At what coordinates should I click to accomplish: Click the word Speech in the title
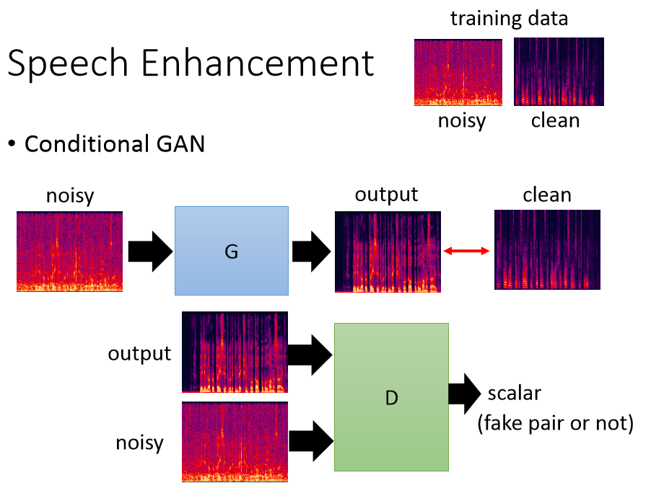pyautogui.click(x=68, y=64)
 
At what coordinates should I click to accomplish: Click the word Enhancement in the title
pyautogui.click(x=258, y=63)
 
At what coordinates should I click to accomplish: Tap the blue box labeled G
pyautogui.click(x=232, y=251)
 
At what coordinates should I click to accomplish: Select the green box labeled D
pyautogui.click(x=391, y=397)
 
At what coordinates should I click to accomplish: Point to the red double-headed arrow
pyautogui.click(x=467, y=250)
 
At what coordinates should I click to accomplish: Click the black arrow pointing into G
pyautogui.click(x=150, y=252)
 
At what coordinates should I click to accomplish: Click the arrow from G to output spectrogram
pyautogui.click(x=311, y=252)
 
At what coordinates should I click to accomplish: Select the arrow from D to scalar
pyautogui.click(x=465, y=394)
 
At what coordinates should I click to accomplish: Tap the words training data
pyautogui.click(x=509, y=18)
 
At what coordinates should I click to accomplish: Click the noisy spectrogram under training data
pyautogui.click(x=458, y=72)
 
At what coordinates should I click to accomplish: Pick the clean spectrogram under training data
pyautogui.click(x=559, y=71)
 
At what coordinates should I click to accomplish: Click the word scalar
pyautogui.click(x=515, y=393)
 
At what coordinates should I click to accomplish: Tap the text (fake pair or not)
pyautogui.click(x=556, y=423)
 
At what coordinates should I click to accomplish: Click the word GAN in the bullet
pyautogui.click(x=180, y=144)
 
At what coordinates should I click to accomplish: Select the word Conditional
pyautogui.click(x=87, y=144)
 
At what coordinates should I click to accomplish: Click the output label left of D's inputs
pyautogui.click(x=139, y=354)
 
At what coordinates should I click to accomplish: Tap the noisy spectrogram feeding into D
pyautogui.click(x=235, y=441)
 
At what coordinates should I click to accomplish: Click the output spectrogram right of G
pyautogui.click(x=388, y=252)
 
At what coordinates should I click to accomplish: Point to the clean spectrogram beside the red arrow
pyautogui.click(x=547, y=249)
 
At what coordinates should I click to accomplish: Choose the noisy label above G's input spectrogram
pyautogui.click(x=70, y=195)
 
